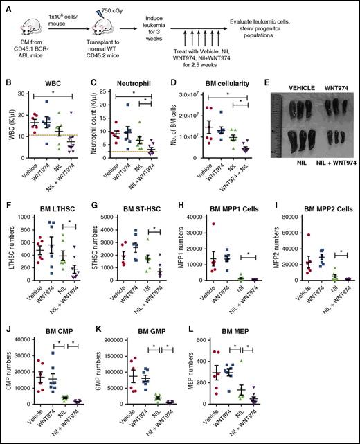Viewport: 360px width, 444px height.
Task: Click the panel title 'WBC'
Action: [48, 92]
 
